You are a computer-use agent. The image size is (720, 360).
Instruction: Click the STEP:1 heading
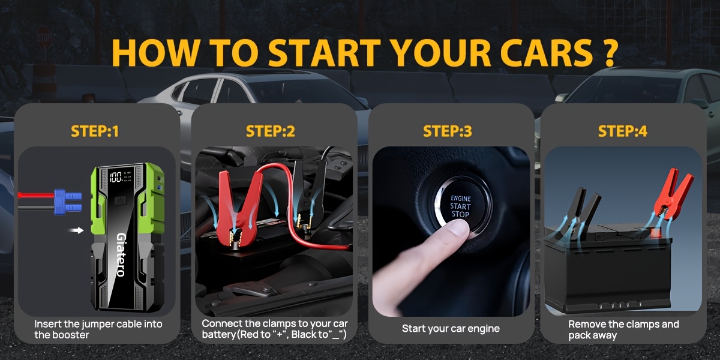(x=95, y=131)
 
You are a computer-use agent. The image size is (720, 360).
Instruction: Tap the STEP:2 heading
(x=271, y=131)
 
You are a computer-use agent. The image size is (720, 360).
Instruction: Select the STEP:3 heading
(x=448, y=131)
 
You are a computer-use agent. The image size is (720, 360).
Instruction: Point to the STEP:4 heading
(x=623, y=131)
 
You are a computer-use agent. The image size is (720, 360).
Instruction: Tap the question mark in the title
(x=607, y=54)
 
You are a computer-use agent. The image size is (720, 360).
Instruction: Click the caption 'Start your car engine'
(x=451, y=329)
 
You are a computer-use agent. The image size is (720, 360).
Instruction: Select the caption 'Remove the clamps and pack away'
(x=623, y=329)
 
